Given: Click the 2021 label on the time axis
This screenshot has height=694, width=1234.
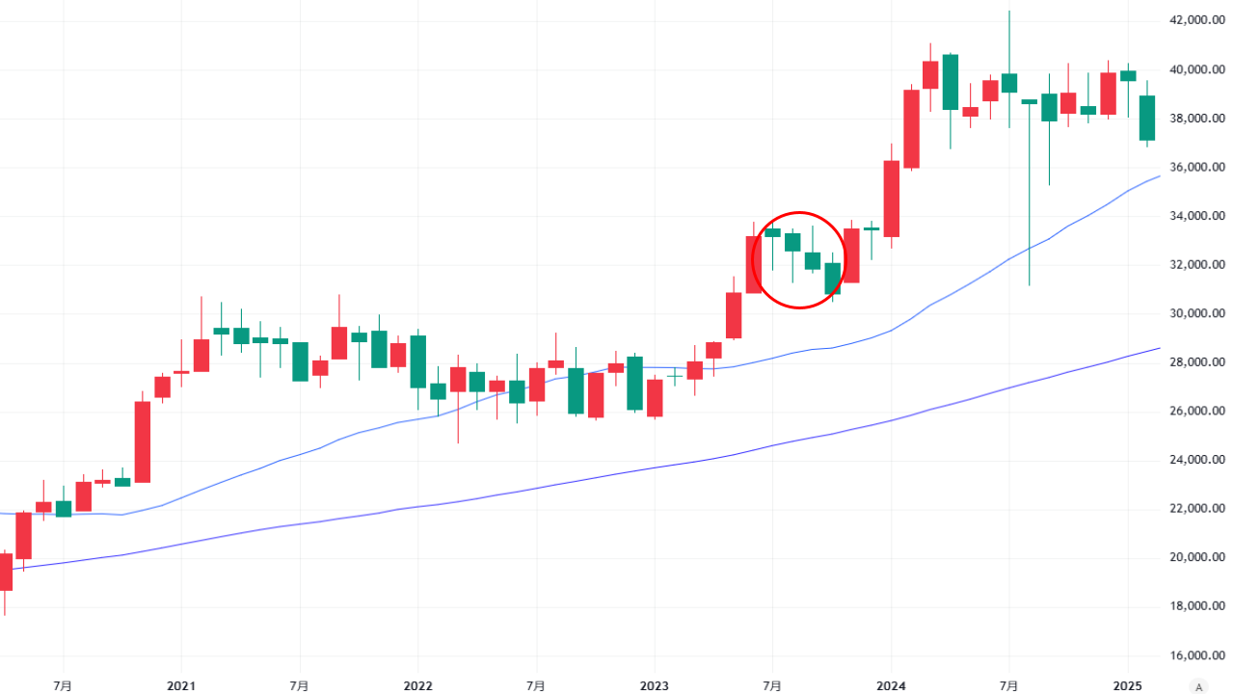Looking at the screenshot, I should (181, 686).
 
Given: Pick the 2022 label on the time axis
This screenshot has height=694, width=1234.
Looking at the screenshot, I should (417, 686).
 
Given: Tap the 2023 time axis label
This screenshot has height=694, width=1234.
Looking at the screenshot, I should (654, 686).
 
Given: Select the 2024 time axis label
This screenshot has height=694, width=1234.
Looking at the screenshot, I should (890, 686).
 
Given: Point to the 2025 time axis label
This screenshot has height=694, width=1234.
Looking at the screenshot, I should (1126, 686).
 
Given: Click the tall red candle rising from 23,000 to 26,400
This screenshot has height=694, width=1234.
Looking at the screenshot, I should (142, 441).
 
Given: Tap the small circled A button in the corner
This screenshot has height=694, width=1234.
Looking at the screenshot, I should (1198, 686).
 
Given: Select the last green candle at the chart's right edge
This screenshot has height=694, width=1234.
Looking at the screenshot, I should (1146, 118).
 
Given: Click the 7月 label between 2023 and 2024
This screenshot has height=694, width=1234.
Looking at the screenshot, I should (771, 686).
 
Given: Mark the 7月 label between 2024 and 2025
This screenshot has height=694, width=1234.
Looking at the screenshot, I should (1008, 686).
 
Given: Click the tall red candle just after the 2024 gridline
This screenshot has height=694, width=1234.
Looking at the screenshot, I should (911, 129).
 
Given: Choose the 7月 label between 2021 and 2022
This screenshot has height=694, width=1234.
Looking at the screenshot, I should (299, 686).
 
